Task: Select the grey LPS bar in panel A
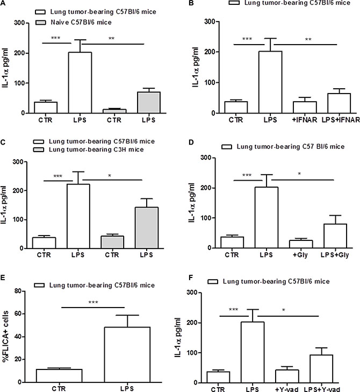142,103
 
